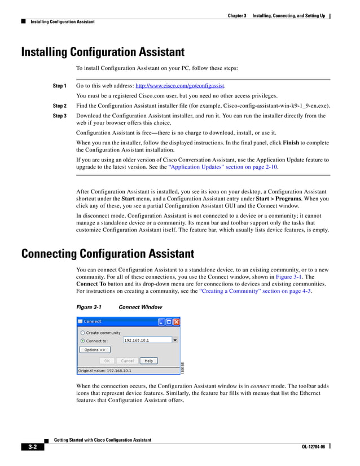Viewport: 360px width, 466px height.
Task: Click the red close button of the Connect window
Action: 177,322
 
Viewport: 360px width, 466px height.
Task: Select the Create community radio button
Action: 82,333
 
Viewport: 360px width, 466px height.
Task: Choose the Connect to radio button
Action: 82,341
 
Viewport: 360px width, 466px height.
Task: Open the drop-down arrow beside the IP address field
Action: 175,341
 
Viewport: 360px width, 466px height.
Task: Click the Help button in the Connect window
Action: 148,361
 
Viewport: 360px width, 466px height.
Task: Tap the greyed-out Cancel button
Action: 127,361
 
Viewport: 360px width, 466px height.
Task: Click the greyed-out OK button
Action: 107,361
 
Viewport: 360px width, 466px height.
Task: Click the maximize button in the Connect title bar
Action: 169,322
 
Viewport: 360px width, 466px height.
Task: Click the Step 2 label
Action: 59,105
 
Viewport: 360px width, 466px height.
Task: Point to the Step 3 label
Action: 59,116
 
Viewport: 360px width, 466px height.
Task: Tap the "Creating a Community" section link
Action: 255,291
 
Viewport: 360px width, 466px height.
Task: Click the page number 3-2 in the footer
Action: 33,447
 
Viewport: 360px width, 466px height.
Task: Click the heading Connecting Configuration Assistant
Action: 107,254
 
